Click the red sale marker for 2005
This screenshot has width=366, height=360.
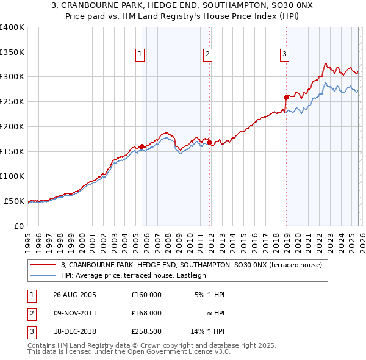[x=142, y=146]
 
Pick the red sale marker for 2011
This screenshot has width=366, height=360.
[x=209, y=143]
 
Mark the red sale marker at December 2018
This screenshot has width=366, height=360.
[x=286, y=97]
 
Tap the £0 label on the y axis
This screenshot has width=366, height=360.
[x=18, y=226]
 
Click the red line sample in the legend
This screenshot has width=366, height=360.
[x=43, y=265]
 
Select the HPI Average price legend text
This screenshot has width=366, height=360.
[x=134, y=275]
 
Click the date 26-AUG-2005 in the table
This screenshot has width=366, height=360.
[x=75, y=294]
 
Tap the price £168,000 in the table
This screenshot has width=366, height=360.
[x=146, y=312]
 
